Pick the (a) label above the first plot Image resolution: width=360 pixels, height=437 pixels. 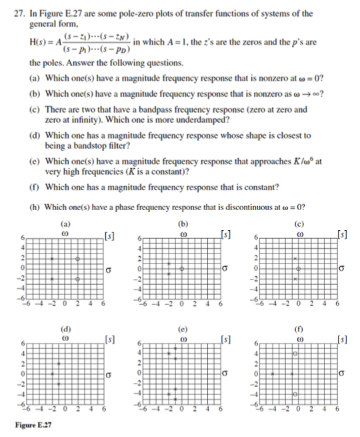point(65,225)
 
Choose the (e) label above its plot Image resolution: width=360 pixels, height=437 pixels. point(183,329)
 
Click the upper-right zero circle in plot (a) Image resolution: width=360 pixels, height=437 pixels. point(78,258)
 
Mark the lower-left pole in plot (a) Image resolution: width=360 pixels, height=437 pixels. point(52,279)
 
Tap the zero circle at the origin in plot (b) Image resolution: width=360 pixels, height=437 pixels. point(182,268)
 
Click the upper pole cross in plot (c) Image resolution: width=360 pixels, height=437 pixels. point(293,258)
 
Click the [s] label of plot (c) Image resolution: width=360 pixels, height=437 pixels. point(342,233)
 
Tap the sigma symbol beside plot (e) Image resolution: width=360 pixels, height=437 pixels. point(225,372)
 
